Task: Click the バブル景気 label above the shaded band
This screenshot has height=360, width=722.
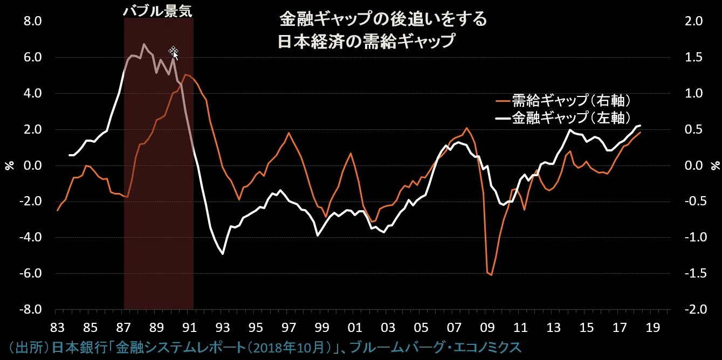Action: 157,11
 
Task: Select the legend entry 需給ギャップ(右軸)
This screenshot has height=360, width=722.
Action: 563,101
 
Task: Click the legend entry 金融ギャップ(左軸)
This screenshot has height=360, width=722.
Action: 563,119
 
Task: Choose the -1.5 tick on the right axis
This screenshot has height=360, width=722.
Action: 693,274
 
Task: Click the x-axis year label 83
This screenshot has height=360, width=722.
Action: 57,327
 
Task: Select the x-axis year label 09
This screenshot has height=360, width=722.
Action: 487,327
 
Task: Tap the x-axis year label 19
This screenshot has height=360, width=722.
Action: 653,327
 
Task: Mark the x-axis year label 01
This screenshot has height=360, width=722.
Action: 355,327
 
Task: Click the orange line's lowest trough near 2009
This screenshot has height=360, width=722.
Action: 491,275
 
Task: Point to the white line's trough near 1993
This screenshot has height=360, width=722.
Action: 223,253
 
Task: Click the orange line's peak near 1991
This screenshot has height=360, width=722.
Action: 185,75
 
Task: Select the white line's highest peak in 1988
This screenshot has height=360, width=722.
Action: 144,44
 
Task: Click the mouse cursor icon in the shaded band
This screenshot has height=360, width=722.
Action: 174,52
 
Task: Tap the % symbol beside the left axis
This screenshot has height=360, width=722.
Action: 9,165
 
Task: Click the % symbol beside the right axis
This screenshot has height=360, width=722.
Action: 715,165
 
